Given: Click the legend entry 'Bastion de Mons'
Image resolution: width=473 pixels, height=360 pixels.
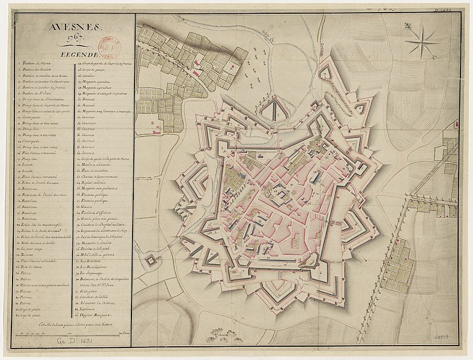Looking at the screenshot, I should tap(37, 62).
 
